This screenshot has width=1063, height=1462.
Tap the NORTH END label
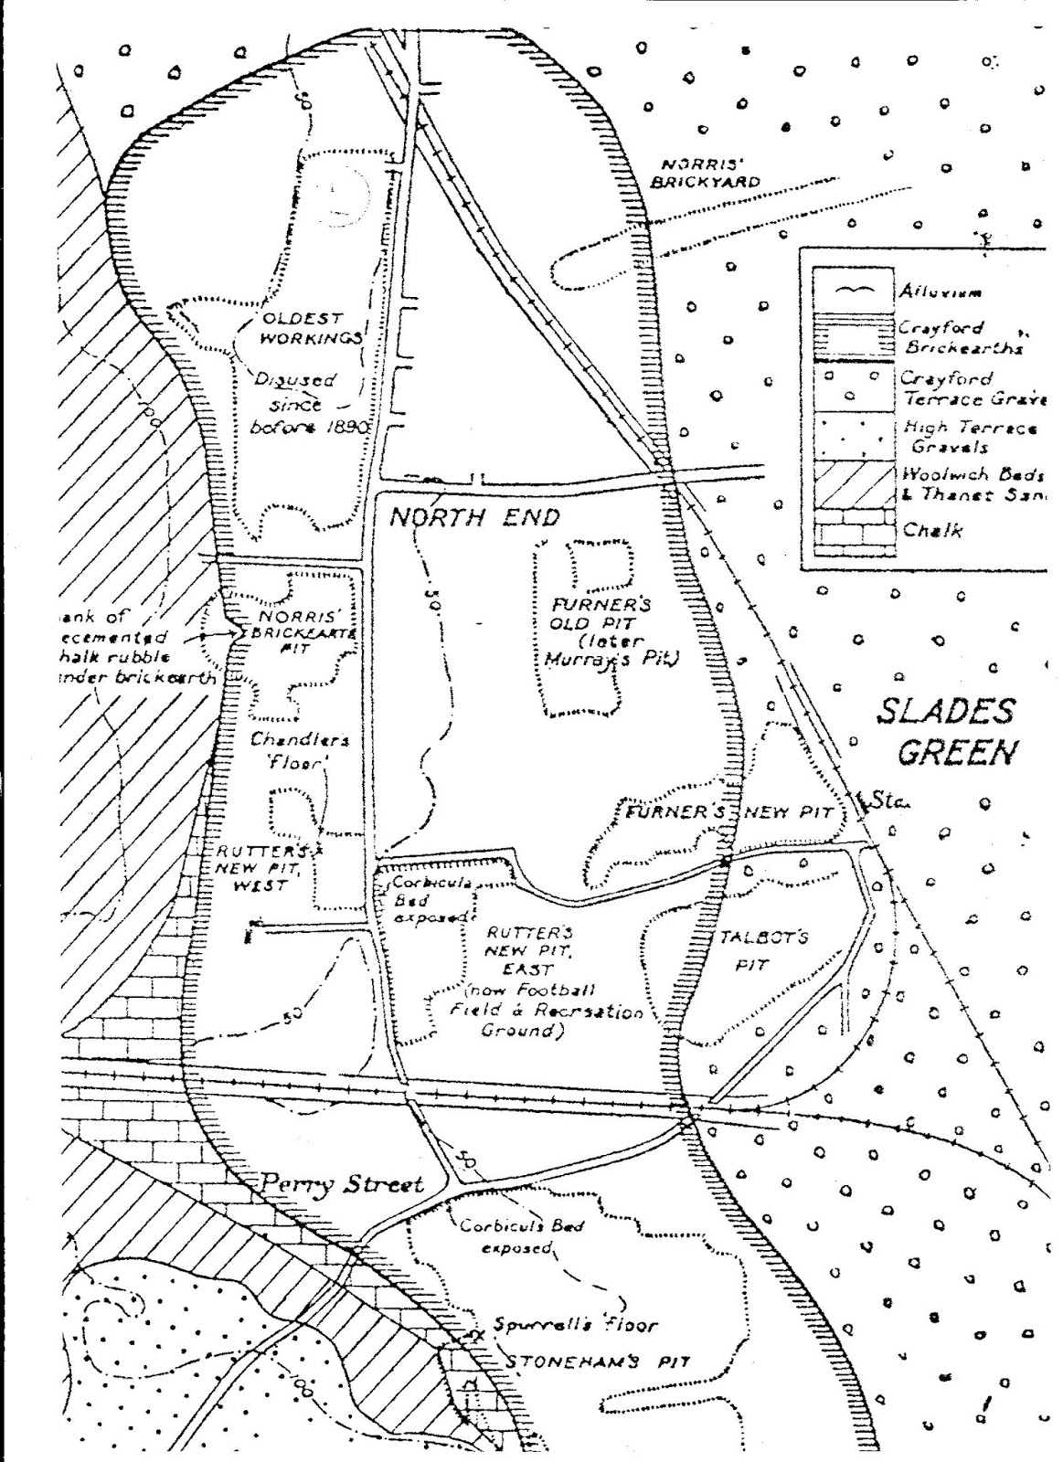click(x=474, y=518)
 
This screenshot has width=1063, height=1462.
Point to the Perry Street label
click(x=342, y=1184)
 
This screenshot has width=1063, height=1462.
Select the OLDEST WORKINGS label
click(x=302, y=328)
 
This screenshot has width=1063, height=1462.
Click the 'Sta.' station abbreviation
click(x=883, y=801)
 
